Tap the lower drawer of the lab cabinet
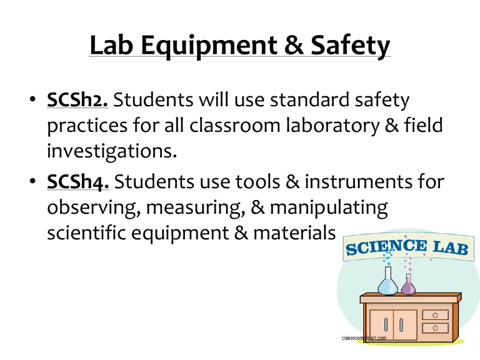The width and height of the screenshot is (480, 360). click(x=435, y=327)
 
